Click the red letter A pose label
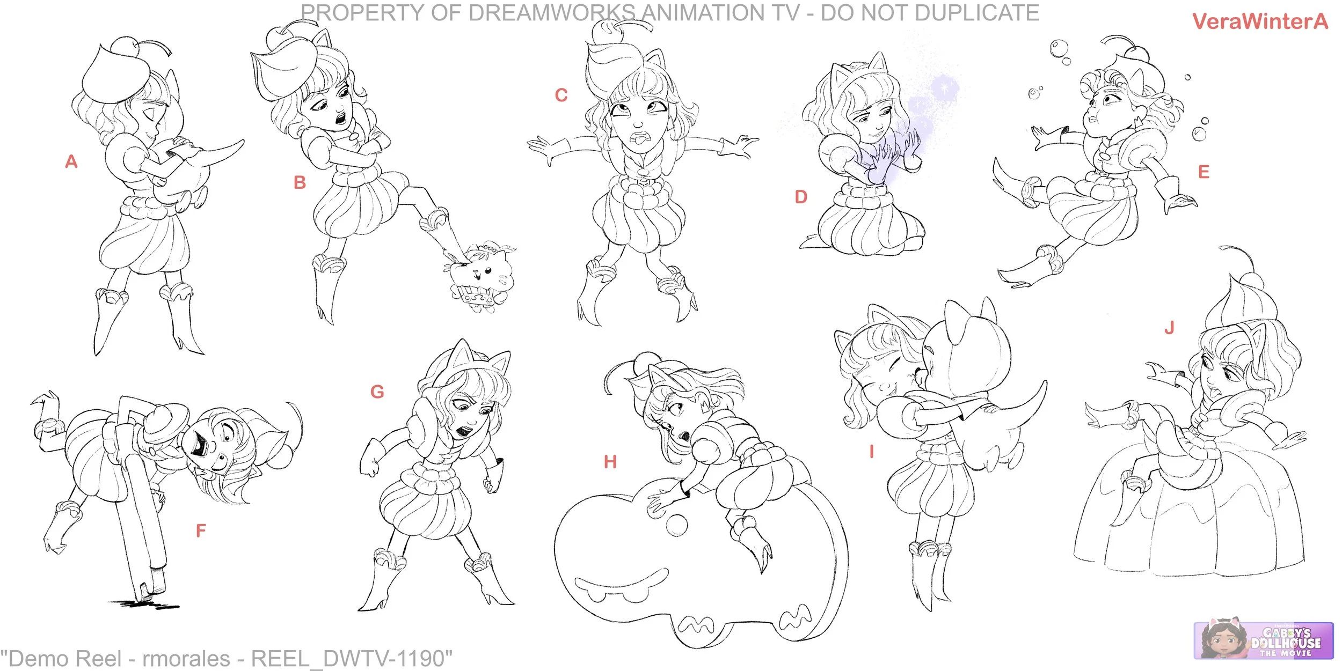[x=71, y=161]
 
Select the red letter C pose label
[x=561, y=95]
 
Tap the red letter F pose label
[x=201, y=530]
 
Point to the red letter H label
[x=610, y=462]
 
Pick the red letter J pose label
[x=1169, y=327]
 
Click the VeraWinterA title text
[x=1260, y=21]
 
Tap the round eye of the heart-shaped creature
[x=676, y=525]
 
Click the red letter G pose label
[x=377, y=392]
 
